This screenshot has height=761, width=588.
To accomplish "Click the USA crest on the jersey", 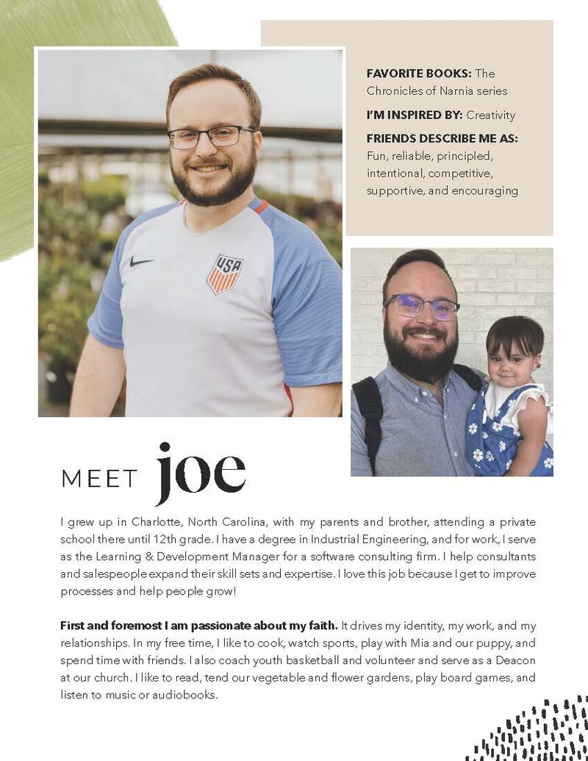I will tap(225, 274).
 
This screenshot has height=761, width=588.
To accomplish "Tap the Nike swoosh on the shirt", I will tap(141, 261).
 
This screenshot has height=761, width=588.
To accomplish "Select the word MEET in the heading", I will tap(99, 479).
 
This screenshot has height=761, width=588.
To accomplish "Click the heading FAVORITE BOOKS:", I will tap(419, 74).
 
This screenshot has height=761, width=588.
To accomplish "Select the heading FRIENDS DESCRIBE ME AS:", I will tap(442, 138).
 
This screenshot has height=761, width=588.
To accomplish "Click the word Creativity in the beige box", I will tap(490, 115).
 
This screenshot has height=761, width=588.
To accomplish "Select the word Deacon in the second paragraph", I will tap(515, 660).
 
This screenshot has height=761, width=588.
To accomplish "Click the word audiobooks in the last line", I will tap(184, 695).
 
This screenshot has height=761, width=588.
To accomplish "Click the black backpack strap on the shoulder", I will tap(366, 412).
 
